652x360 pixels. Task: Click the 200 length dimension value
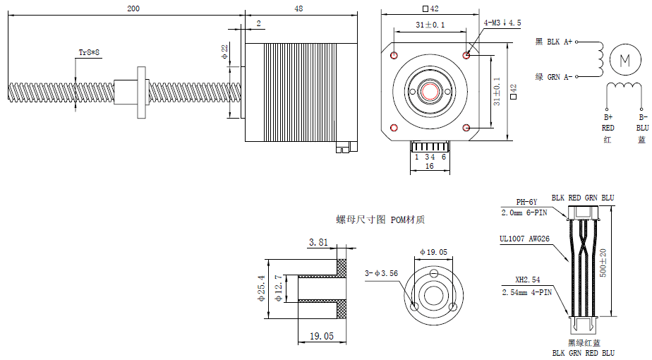click(133, 8)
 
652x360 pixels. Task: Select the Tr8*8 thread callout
click(89, 53)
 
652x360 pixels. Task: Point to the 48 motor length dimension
click(298, 8)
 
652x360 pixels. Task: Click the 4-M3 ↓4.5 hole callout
click(502, 23)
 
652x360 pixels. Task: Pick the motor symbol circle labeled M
click(624, 59)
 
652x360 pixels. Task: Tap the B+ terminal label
click(608, 117)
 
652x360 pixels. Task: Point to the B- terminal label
click(642, 117)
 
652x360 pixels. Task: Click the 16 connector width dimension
click(429, 167)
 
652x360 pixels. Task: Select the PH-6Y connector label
click(526, 201)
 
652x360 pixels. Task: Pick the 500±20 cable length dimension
click(603, 263)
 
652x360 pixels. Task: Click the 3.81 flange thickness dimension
click(318, 243)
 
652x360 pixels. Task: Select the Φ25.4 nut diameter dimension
click(261, 289)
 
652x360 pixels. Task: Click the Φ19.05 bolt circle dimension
click(433, 252)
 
